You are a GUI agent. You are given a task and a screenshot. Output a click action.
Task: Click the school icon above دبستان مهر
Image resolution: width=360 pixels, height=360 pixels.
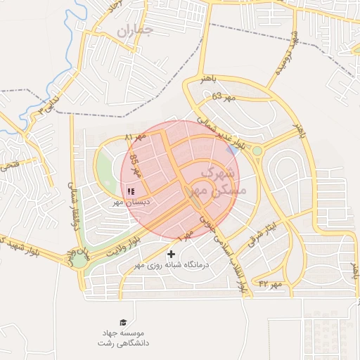(x=131, y=191)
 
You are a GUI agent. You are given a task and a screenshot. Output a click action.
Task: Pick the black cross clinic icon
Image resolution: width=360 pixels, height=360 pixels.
(x=171, y=253)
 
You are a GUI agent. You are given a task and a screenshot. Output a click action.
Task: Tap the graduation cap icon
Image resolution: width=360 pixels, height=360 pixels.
(x=124, y=322)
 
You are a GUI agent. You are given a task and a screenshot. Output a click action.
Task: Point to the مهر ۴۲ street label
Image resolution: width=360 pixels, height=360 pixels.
(x=270, y=283)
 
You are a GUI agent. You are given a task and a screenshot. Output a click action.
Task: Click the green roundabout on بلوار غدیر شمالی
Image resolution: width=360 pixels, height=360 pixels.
(x=257, y=150)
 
